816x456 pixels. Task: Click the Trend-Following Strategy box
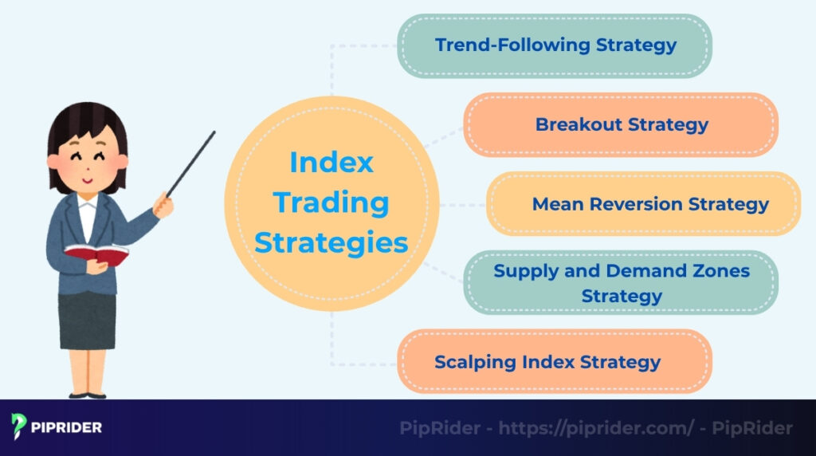pos(555,45)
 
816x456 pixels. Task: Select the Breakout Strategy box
pos(621,124)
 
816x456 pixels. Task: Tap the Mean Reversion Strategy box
pos(644,204)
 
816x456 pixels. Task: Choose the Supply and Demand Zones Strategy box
pos(621,283)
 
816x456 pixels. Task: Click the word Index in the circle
pos(331,163)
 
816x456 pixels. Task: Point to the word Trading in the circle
pos(331,202)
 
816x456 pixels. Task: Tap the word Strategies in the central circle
pos(331,242)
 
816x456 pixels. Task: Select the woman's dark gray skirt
pos(87,319)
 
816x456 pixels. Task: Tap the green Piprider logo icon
pos(20,427)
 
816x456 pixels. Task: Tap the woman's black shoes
pos(87,394)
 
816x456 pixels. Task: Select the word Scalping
pos(475,362)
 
